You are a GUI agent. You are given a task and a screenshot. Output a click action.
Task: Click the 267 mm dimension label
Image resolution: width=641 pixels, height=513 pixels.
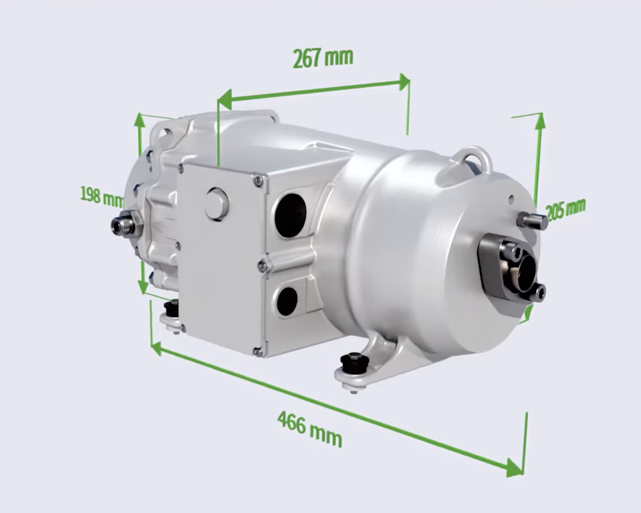[323, 58]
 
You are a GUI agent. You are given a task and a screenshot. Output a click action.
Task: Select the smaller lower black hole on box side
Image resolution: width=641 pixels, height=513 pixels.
[287, 301]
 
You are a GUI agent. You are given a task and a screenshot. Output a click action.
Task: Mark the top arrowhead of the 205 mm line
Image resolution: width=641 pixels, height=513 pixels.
[540, 121]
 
